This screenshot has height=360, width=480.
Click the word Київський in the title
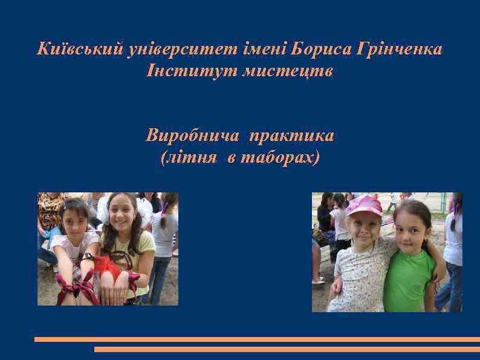point(80,48)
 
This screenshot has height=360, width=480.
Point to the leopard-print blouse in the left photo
point(51,209)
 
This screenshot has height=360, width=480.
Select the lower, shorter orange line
point(287,349)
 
